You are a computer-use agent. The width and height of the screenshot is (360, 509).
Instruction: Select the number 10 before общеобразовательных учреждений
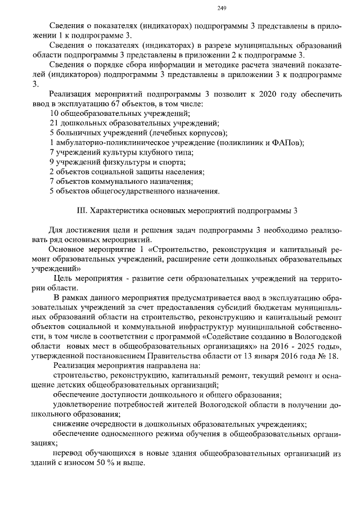pyautogui.click(x=54, y=114)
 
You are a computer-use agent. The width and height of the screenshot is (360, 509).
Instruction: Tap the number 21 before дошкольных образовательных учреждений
pyautogui.click(x=54, y=123)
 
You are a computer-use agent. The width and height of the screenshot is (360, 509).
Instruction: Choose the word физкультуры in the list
pyautogui.click(x=118, y=162)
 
